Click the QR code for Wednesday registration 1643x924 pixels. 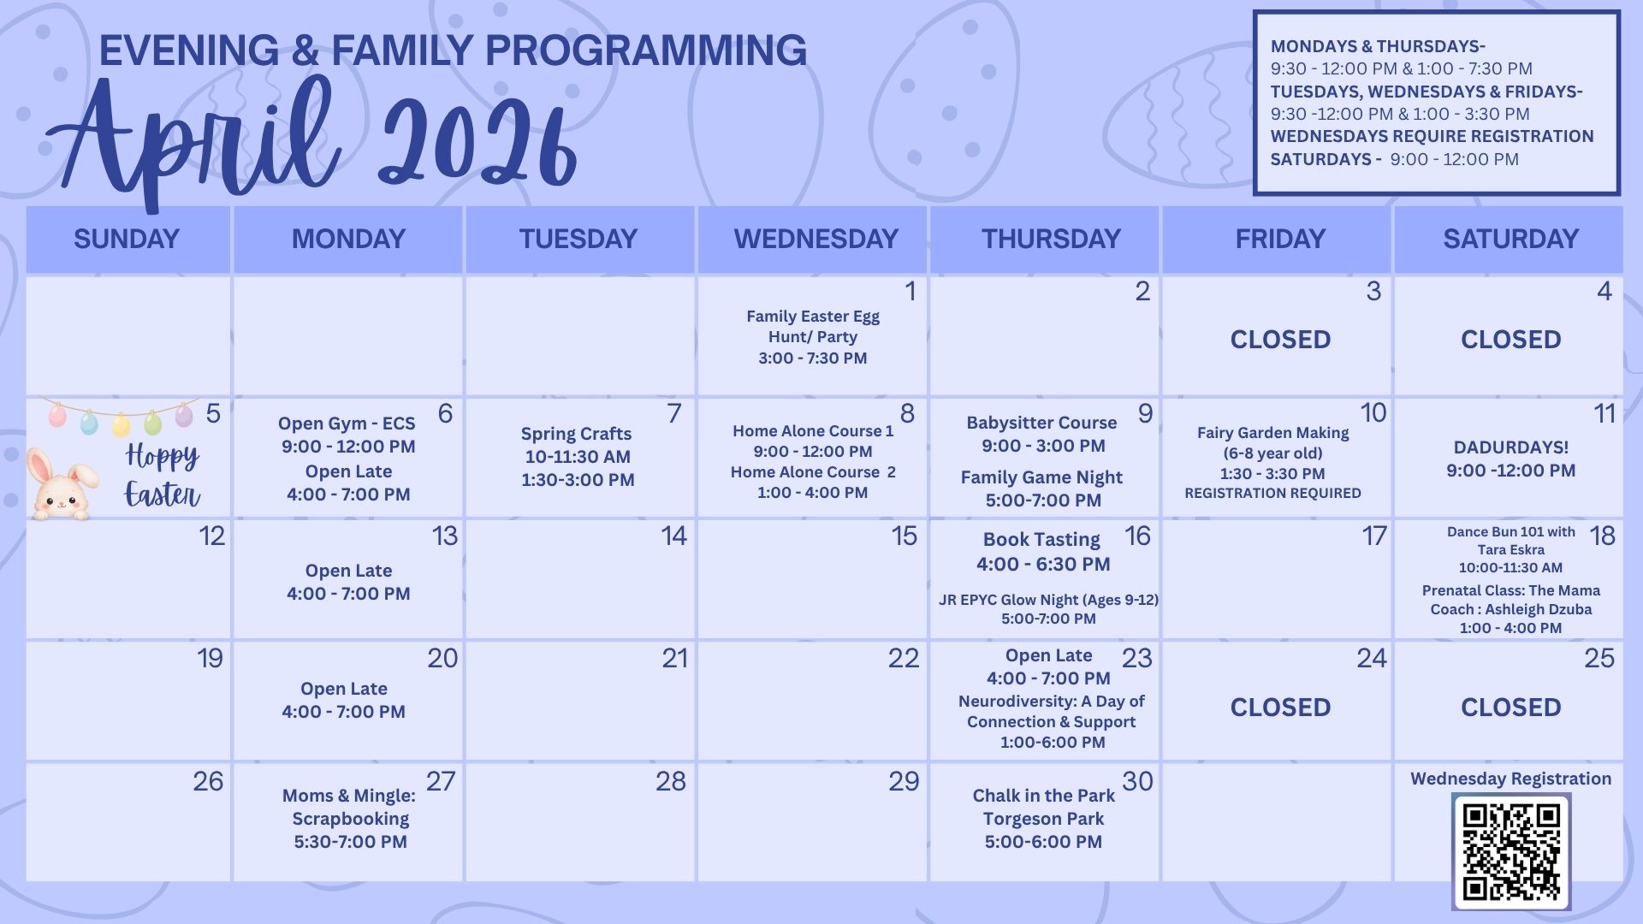point(1511,850)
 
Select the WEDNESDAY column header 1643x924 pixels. point(816,239)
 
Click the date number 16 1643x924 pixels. point(1137,536)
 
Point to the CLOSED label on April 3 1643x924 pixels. point(1280,340)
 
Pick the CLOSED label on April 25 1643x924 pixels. point(1510,708)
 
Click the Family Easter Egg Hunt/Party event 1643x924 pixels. point(812,337)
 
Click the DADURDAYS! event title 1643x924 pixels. point(1510,447)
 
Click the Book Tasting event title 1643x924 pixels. point(1041,540)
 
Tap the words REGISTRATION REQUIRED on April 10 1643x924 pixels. point(1272,493)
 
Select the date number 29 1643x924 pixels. point(904,781)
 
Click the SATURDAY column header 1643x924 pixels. point(1510,239)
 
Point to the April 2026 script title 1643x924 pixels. point(313,137)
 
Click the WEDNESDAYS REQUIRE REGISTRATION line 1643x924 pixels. point(1432,137)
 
